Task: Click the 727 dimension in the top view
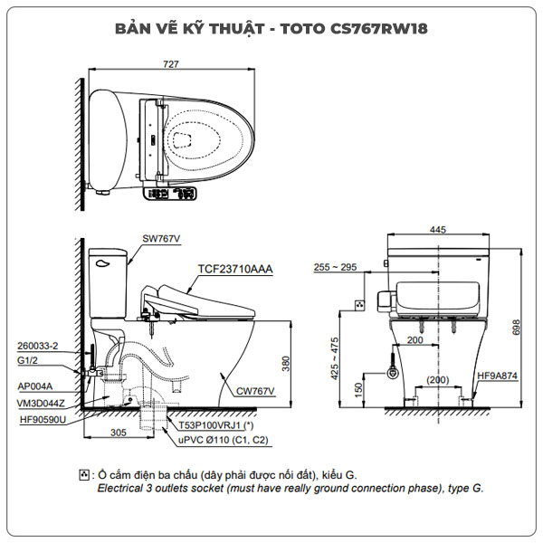[x=171, y=64]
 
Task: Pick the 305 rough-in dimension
[x=119, y=433]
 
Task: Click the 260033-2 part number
[x=38, y=346]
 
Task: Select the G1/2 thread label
[x=29, y=359]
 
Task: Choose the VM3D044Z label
[x=41, y=403]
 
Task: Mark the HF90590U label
[x=41, y=419]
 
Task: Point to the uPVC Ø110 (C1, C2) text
[x=223, y=439]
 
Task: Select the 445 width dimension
[x=438, y=230]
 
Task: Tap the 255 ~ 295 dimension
[x=335, y=267]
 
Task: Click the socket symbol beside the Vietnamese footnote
[x=85, y=474]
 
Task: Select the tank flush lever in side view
[x=102, y=265]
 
